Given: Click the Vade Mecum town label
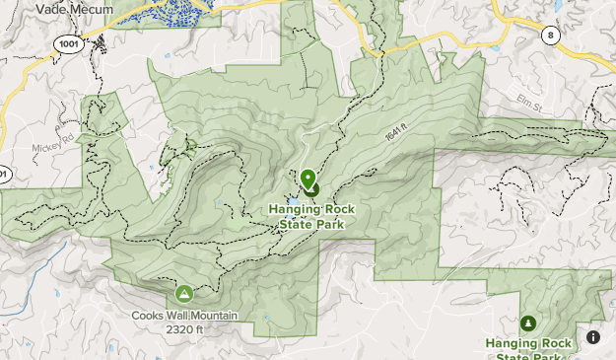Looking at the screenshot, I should pyautogui.click(x=74, y=9).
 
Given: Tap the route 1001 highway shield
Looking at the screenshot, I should pyautogui.click(x=68, y=44).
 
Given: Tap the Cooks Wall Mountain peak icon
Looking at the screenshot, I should pyautogui.click(x=183, y=293).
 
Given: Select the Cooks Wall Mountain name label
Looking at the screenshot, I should pyautogui.click(x=184, y=317).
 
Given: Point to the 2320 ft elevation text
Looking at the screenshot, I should pyautogui.click(x=184, y=329).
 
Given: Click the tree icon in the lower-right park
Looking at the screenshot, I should pyautogui.click(x=527, y=324).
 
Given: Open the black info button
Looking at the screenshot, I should pyautogui.click(x=593, y=337).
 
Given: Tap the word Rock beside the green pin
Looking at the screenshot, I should pyautogui.click(x=335, y=209).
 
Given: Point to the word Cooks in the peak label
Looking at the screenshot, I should pyautogui.click(x=147, y=317).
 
